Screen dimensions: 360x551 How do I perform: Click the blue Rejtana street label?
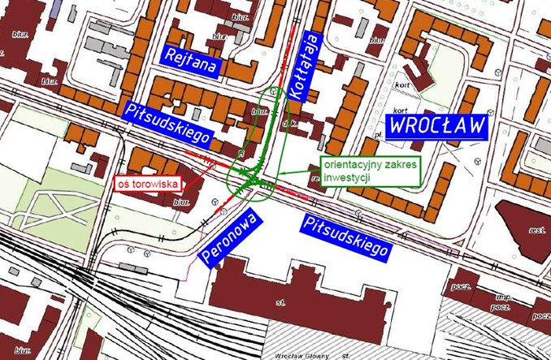[x=190, y=61]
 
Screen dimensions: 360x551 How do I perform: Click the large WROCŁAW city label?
[x=436, y=126]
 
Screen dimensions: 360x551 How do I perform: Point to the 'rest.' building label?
[x=536, y=230]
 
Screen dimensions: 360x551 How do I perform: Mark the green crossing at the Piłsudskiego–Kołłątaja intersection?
[x=254, y=180]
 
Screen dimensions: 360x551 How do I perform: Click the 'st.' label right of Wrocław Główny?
[x=346, y=355]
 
